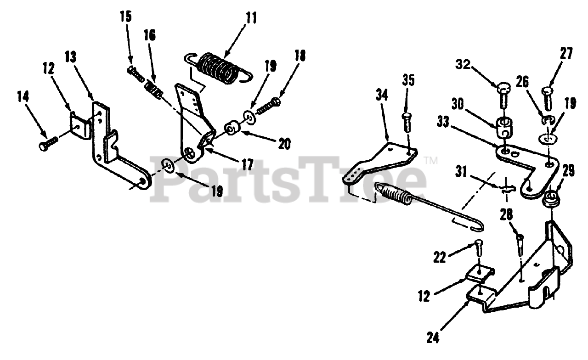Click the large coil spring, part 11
click(x=219, y=69)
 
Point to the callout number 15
click(x=125, y=17)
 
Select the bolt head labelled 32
click(x=502, y=87)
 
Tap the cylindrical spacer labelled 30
click(x=505, y=125)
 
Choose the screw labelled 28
click(x=520, y=243)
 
